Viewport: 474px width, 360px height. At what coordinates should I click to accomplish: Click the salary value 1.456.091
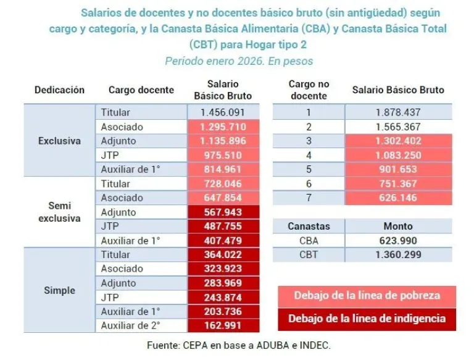pos(223,112)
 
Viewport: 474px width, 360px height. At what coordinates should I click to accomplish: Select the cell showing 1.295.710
pos(223,127)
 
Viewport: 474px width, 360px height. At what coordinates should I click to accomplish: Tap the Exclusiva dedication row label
pos(59,141)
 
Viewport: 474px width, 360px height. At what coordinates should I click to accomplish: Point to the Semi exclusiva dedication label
pos(59,212)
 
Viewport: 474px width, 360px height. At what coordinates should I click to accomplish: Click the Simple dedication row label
pos(59,290)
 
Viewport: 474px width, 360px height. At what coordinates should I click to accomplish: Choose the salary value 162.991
pos(223,325)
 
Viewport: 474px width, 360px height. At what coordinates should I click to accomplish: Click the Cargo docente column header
pos(141,90)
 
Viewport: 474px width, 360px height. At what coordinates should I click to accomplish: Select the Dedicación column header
pos(59,90)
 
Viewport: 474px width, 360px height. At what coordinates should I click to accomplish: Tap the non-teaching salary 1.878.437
pos(397,112)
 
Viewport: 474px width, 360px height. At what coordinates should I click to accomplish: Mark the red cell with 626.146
pos(397,198)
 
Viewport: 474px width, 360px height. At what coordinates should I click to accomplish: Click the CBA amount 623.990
pos(397,240)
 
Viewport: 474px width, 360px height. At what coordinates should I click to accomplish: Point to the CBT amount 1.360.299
pos(397,254)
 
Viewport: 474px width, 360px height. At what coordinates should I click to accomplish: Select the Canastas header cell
pos(309,226)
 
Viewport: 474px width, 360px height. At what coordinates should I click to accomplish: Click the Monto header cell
pos(397,226)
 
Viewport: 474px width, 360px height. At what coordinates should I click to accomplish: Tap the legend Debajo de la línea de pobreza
pos(367,295)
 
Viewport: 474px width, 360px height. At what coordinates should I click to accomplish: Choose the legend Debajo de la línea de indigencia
pos(367,319)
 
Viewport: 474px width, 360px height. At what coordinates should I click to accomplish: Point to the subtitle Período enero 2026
pos(239,61)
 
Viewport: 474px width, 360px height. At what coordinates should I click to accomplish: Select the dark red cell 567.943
pos(223,212)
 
